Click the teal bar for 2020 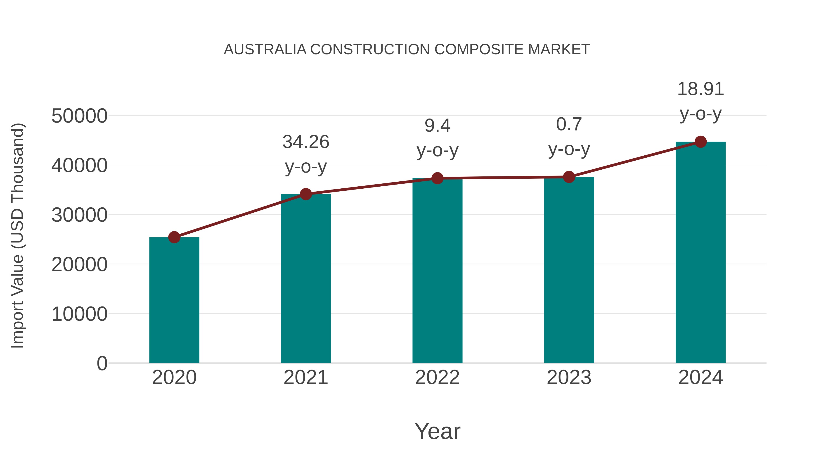pos(174,300)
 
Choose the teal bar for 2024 pos(700,253)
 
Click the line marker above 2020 pos(174,237)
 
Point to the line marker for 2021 pos(305,194)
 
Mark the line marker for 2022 pos(437,178)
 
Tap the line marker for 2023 pos(569,177)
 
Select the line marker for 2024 pos(700,142)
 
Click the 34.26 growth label pos(305,142)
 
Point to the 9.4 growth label pos(437,126)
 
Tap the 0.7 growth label pos(569,124)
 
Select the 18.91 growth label pos(700,89)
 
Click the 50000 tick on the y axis pos(79,116)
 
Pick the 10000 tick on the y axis pos(79,314)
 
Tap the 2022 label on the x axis pos(437,377)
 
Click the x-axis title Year pos(437,431)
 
